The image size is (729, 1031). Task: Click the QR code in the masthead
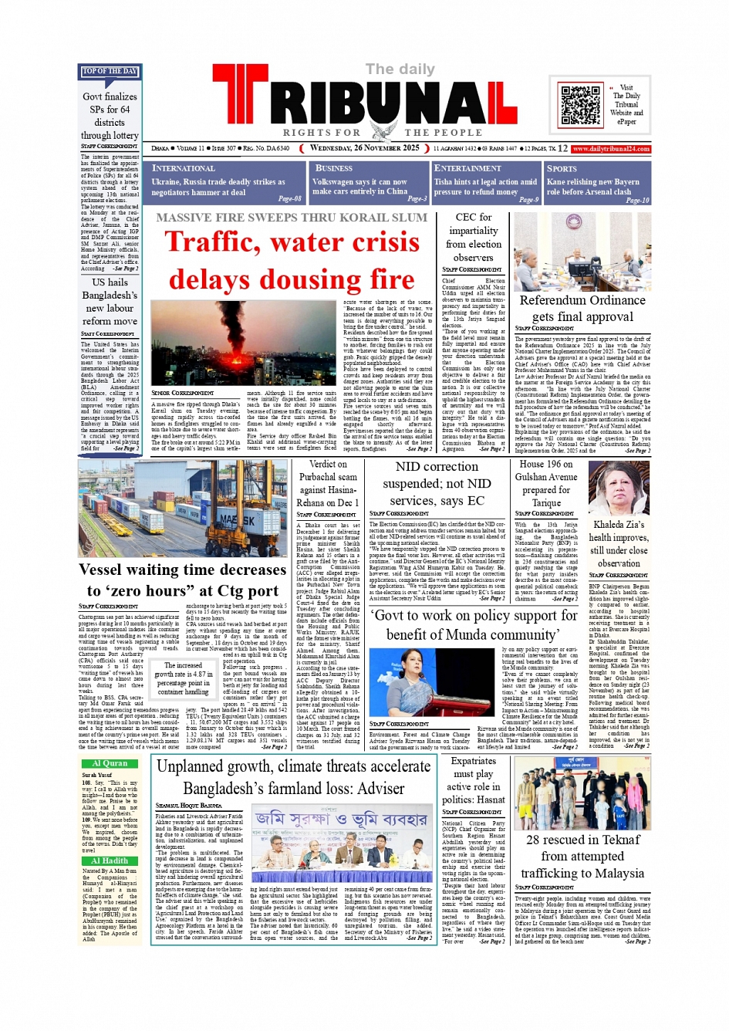click(x=580, y=105)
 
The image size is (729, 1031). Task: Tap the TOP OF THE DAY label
click(x=110, y=72)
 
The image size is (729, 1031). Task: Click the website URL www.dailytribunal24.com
click(x=610, y=148)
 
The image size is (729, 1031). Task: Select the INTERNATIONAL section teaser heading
click(x=184, y=168)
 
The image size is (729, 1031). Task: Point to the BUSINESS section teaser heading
click(x=334, y=168)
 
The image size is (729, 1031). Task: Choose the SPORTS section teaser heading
click(x=562, y=168)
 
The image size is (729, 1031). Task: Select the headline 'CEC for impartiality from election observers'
click(x=473, y=237)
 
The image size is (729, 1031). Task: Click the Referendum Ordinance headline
click(x=582, y=308)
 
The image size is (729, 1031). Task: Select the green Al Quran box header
click(x=110, y=763)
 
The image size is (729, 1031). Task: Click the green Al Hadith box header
click(x=110, y=860)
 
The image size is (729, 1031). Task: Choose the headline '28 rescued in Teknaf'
click(x=582, y=840)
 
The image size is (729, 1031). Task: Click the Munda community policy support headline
click(x=473, y=624)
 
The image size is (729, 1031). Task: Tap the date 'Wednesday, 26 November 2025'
click(x=364, y=148)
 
